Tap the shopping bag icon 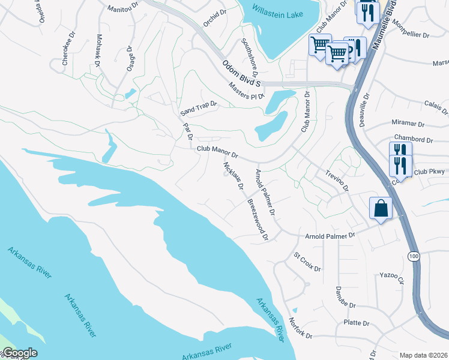pyautogui.click(x=380, y=209)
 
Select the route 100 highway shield pyautogui.click(x=412, y=256)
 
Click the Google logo pyautogui.click(x=20, y=353)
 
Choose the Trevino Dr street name pyautogui.click(x=337, y=179)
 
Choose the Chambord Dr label pyautogui.click(x=413, y=140)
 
